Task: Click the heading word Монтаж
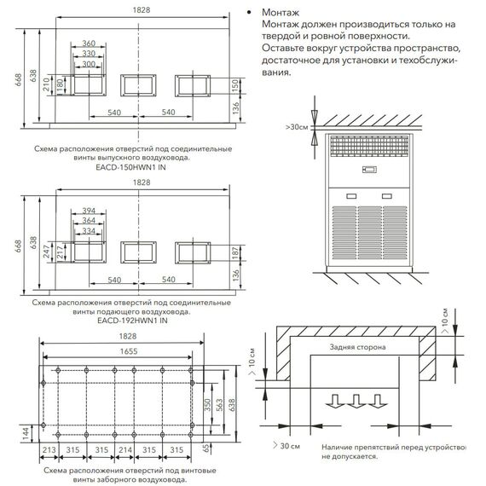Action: [281, 13]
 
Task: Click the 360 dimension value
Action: [89, 43]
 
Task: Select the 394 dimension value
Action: [89, 211]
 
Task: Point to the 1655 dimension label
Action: [129, 351]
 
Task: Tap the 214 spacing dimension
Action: [125, 449]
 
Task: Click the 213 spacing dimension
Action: [49, 449]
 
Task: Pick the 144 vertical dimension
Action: [26, 434]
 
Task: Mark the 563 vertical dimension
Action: [219, 405]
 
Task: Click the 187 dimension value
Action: [235, 253]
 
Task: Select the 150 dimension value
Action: [235, 86]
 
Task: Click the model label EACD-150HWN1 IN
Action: [130, 167]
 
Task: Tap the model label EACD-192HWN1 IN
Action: [132, 321]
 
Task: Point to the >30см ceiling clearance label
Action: [297, 127]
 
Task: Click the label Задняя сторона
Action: [357, 347]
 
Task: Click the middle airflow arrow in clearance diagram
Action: [356, 401]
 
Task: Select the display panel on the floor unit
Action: [369, 170]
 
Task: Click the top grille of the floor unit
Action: [369, 146]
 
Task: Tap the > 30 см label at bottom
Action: [286, 446]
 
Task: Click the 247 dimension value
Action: [47, 252]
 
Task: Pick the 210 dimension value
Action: [46, 84]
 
